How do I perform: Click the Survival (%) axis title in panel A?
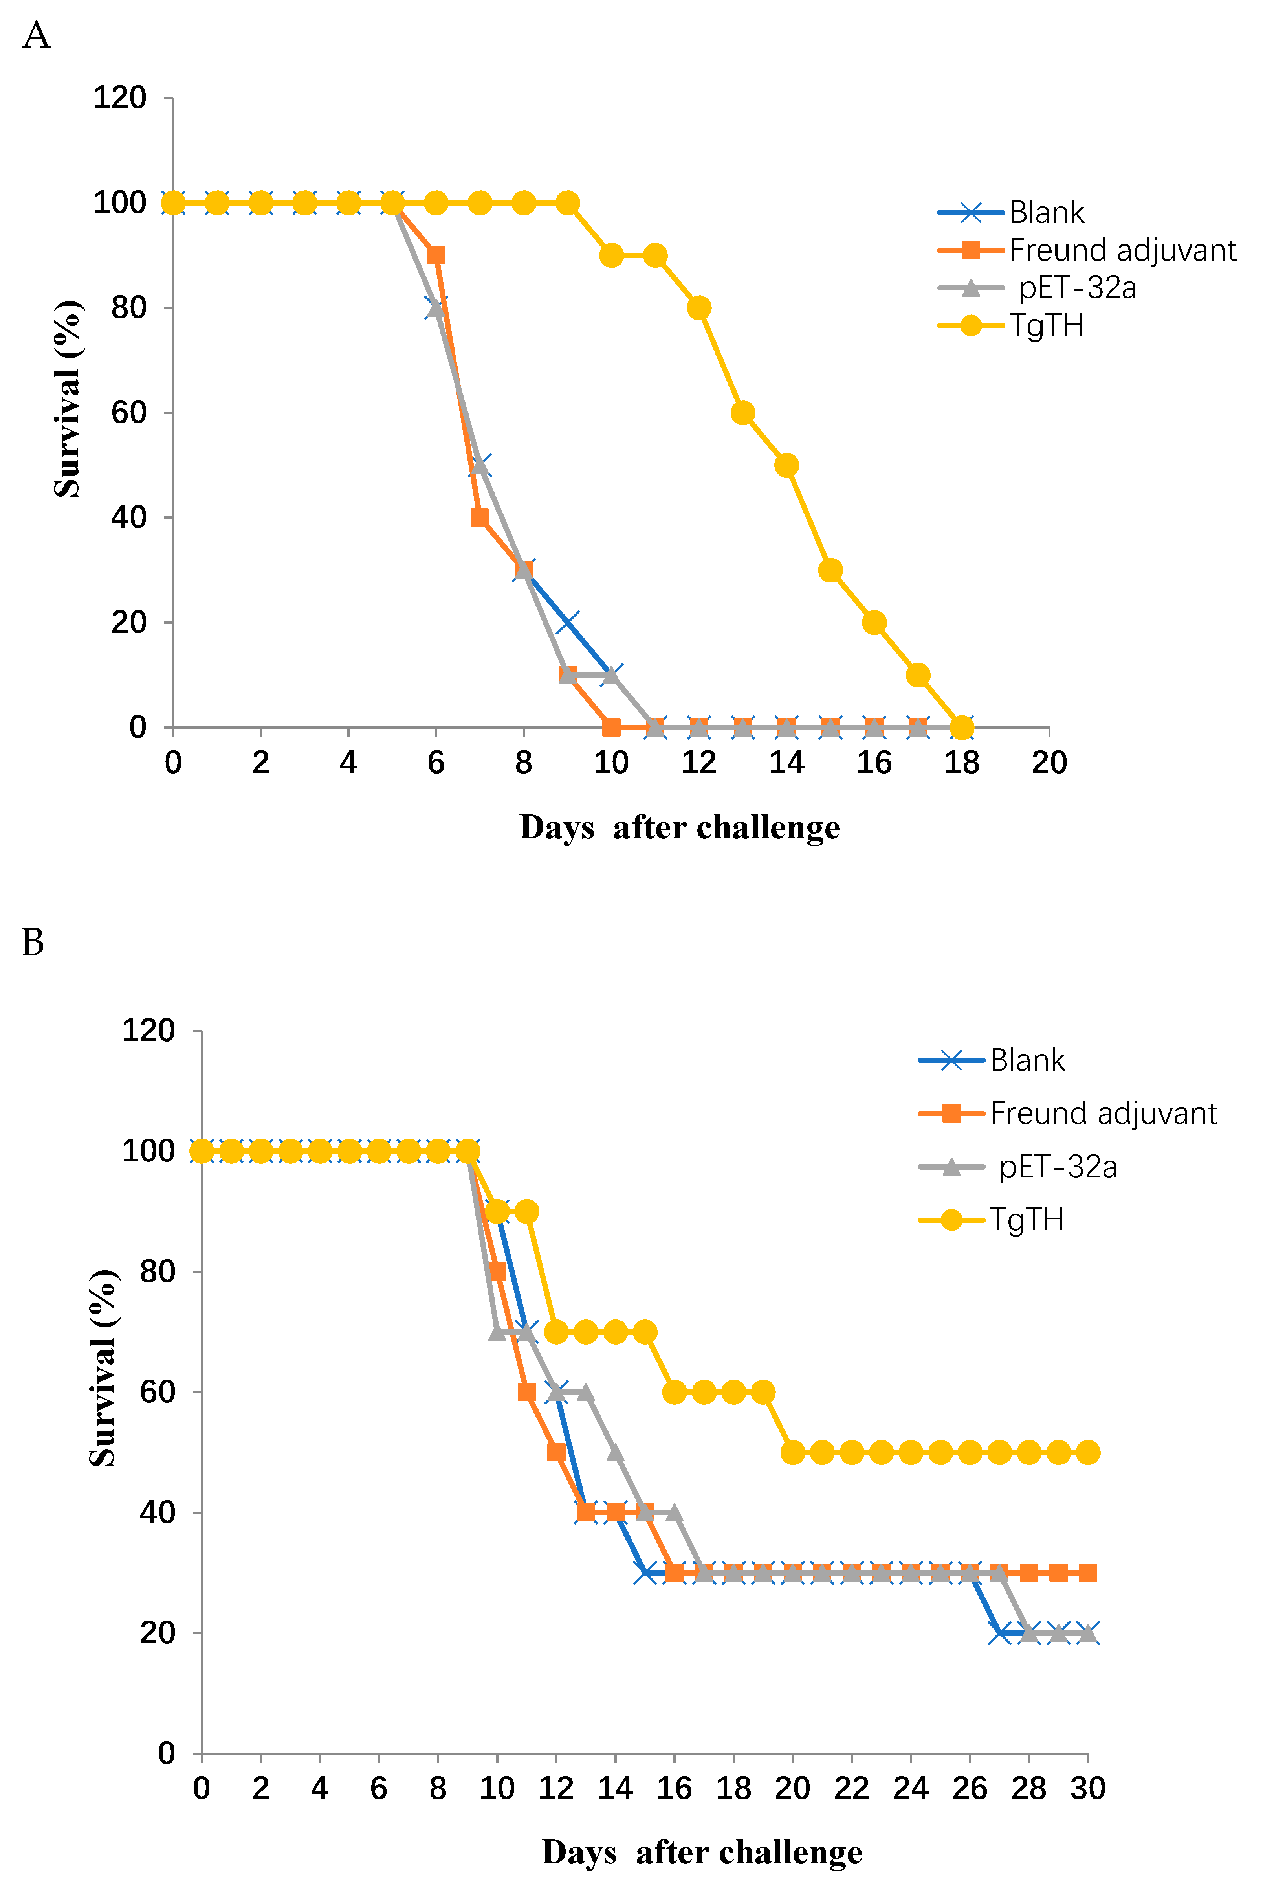point(68,399)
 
